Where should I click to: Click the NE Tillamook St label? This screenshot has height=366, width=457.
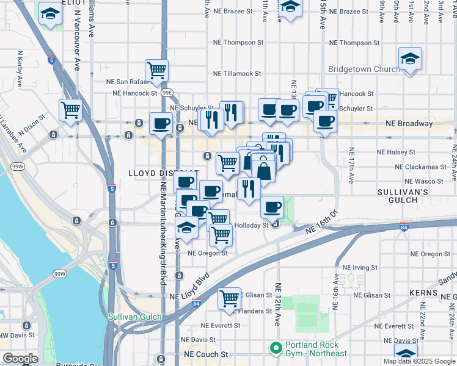[237, 74]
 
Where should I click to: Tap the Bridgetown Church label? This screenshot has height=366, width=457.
[364, 69]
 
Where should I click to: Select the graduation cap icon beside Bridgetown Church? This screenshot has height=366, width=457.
[408, 59]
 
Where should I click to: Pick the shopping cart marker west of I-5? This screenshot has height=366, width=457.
[71, 110]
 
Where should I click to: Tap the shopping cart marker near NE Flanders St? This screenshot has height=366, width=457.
[230, 299]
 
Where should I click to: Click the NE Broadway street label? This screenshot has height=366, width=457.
[409, 123]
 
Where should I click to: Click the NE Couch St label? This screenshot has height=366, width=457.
[207, 354]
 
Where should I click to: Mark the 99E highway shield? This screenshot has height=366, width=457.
[167, 93]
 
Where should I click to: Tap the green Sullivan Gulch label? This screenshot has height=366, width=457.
[134, 317]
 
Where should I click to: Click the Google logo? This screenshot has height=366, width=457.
[20, 359]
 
